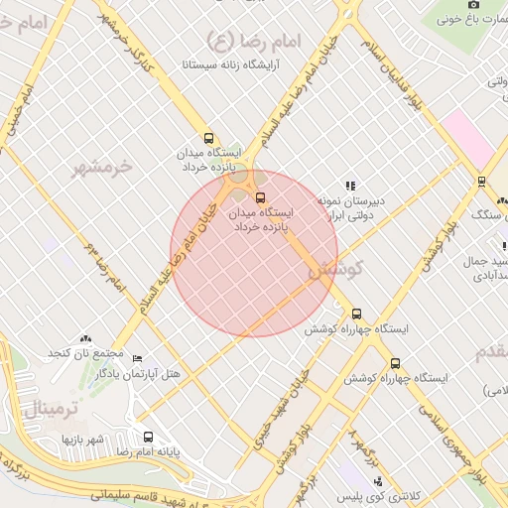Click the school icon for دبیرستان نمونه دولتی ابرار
[x=349, y=186]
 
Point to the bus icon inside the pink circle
[x=261, y=197]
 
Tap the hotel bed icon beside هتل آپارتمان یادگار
[x=138, y=358]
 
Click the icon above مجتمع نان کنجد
[x=84, y=339]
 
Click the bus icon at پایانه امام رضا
[x=148, y=437]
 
